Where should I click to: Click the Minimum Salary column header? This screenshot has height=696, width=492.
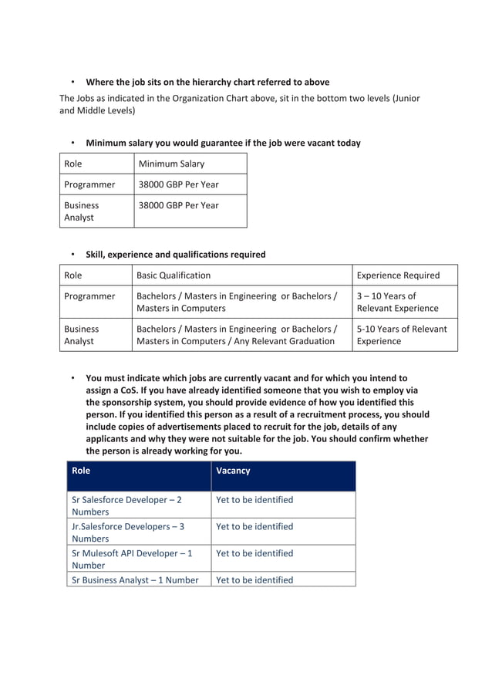[x=171, y=164]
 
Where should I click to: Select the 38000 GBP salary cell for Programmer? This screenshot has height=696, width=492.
[x=178, y=184]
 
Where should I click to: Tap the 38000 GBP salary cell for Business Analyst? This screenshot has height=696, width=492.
[x=178, y=205]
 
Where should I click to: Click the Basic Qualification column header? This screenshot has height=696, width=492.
[x=174, y=275]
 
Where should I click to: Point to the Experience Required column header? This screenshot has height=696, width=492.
[x=398, y=275]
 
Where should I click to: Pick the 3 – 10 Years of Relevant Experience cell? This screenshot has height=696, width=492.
[x=397, y=302]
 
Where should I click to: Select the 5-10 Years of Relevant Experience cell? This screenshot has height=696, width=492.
[x=401, y=335]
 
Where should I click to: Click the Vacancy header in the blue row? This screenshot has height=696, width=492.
[x=233, y=471]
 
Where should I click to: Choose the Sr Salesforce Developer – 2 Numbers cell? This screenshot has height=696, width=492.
[x=126, y=505]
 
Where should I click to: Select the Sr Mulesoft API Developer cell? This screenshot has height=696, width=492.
[x=131, y=559]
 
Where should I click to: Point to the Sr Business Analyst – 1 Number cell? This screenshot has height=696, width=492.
[x=135, y=580]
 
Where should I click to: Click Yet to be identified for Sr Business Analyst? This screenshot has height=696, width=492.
[x=254, y=580]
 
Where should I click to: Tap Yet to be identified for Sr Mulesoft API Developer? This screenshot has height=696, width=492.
[x=254, y=553]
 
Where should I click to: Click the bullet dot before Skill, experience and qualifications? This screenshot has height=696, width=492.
[x=72, y=255]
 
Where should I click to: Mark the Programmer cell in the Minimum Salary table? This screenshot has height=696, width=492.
[x=89, y=184]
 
